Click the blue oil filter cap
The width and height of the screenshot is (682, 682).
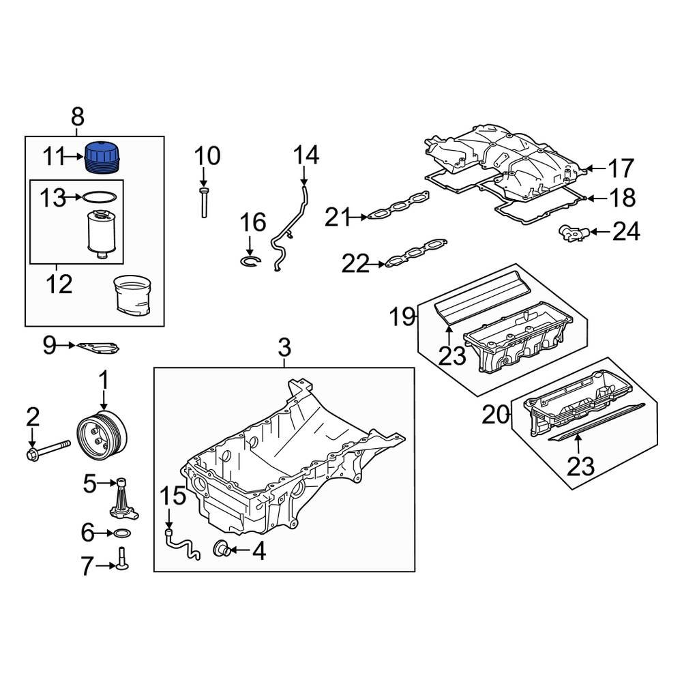coord(102,158)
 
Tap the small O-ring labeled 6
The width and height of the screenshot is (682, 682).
coord(123,533)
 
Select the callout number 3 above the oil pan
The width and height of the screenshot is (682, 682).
coord(284,349)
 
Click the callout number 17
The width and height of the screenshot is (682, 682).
coord(621,168)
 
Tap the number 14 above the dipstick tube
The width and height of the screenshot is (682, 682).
coord(306,156)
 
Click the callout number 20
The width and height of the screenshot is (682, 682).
coord(496,413)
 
